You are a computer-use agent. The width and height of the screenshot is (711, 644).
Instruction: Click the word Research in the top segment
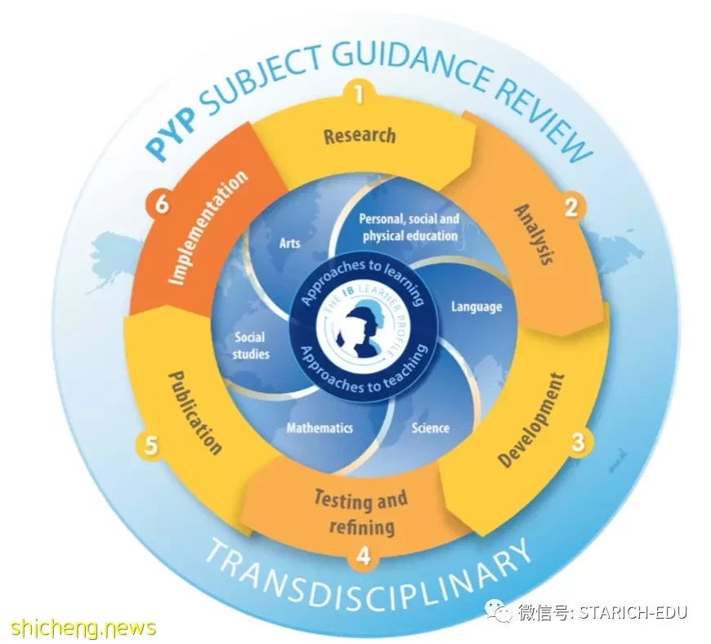[x=360, y=136]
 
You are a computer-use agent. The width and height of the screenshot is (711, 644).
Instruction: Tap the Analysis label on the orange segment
[x=534, y=234]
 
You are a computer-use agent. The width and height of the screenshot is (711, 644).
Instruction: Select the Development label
[x=531, y=420]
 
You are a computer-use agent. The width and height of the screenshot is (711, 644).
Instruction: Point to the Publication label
[x=195, y=413]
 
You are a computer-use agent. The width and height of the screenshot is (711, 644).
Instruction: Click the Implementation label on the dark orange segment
[x=208, y=228]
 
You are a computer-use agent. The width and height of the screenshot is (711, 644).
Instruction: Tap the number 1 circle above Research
[x=360, y=95]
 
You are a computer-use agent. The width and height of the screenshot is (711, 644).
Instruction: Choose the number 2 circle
[x=572, y=208]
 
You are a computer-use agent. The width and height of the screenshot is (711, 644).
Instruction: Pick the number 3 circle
[x=577, y=441]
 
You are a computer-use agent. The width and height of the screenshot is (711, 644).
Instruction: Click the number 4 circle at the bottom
[x=363, y=556]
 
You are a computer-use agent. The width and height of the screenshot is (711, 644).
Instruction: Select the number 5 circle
[x=150, y=445]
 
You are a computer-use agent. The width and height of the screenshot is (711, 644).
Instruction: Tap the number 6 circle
[x=161, y=203]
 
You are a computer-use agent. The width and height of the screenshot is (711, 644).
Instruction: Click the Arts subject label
[x=290, y=244]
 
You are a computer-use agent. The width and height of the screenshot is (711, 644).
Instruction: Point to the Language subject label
[x=476, y=307]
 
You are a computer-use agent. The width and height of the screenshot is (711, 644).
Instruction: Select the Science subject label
[x=431, y=427]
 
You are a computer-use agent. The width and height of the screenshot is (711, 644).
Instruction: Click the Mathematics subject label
[x=320, y=427]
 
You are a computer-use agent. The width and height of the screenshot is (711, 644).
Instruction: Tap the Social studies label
[x=250, y=346]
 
